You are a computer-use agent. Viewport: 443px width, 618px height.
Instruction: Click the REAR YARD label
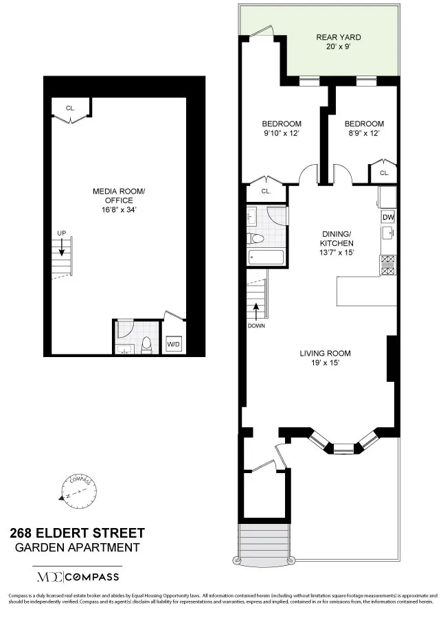tap(338, 37)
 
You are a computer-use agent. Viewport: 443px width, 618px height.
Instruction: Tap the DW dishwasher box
tap(388, 217)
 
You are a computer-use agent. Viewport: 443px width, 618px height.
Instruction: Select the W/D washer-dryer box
tap(174, 344)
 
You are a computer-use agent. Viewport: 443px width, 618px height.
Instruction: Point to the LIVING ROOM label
tap(325, 354)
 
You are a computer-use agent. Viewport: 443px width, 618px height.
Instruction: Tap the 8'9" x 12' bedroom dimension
tap(362, 133)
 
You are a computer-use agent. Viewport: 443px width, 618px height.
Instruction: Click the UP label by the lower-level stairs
tap(61, 233)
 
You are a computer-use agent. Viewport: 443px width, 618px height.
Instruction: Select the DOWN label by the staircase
tap(256, 325)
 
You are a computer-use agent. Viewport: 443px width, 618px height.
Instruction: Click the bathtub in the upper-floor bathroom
tap(265, 258)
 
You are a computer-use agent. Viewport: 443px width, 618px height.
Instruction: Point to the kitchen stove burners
tap(388, 264)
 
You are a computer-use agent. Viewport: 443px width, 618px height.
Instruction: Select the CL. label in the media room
tap(71, 108)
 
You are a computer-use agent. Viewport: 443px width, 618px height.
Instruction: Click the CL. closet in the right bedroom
tap(384, 173)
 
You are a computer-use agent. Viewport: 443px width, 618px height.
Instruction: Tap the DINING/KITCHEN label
tap(337, 238)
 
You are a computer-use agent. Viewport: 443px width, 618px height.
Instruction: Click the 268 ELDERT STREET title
tap(77, 533)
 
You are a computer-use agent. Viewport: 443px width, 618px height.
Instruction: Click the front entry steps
tap(262, 542)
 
